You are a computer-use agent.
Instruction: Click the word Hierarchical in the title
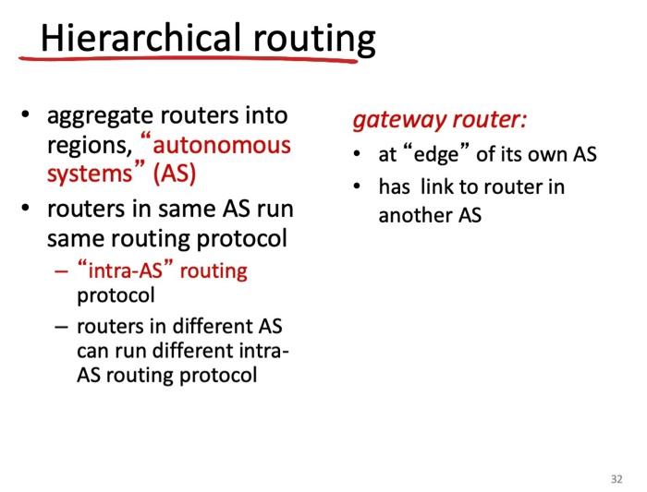[140, 37]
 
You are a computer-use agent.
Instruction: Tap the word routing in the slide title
[314, 40]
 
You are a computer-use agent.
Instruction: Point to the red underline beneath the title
[188, 59]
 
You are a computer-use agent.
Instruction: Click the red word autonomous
[222, 146]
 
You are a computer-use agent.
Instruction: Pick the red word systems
[90, 174]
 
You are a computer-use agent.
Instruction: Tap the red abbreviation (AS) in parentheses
[174, 174]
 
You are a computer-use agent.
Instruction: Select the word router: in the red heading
[489, 119]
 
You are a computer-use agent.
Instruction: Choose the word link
[437, 186]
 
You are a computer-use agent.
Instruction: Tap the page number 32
[616, 479]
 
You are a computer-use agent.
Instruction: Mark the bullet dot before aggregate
[26, 114]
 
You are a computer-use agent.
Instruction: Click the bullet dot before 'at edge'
[357, 154]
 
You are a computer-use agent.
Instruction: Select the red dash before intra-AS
[61, 271]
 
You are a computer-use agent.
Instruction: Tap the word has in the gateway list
[394, 187]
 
